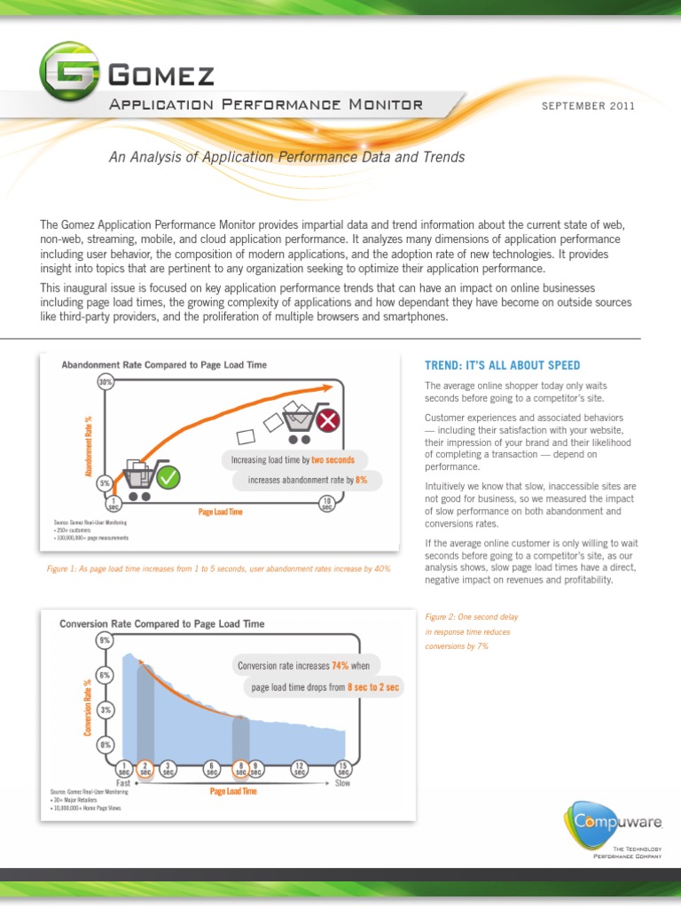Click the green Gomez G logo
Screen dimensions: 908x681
[x=68, y=72]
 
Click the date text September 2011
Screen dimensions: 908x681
[x=588, y=106]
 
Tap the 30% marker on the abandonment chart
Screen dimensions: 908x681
[x=106, y=382]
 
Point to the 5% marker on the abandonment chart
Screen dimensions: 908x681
[x=106, y=483]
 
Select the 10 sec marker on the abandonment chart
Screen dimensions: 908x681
[x=327, y=504]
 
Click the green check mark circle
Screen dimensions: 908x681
[x=168, y=478]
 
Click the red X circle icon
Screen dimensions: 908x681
[x=327, y=420]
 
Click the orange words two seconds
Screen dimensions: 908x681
[x=333, y=460]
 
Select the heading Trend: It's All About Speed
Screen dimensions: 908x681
[x=502, y=365]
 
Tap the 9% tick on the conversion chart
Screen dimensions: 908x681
[x=106, y=639]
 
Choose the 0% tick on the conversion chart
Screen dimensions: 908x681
[x=106, y=744]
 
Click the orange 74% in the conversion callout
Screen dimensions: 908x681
[x=340, y=665]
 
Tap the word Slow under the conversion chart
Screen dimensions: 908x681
[x=342, y=783]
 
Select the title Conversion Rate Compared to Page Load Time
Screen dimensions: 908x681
[x=161, y=623]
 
